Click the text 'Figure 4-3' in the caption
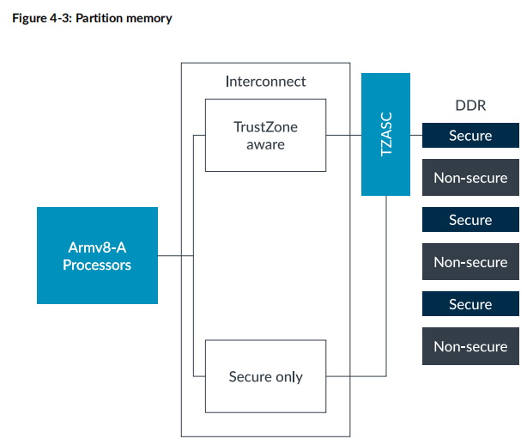pyautogui.click(x=41, y=18)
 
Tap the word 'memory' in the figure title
pyautogui.click(x=151, y=18)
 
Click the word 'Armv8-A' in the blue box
pyautogui.click(x=97, y=247)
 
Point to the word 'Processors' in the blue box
pyautogui.click(x=97, y=265)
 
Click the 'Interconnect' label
pyautogui.click(x=265, y=82)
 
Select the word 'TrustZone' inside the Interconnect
pyautogui.click(x=265, y=126)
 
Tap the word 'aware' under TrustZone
pyautogui.click(x=265, y=144)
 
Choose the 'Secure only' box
pyautogui.click(x=265, y=376)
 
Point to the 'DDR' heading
pyautogui.click(x=470, y=106)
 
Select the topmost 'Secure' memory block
pyautogui.click(x=470, y=136)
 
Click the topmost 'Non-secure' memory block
pyautogui.click(x=470, y=178)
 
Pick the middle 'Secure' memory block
pyautogui.click(x=470, y=220)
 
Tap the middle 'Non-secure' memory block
pyautogui.click(x=470, y=262)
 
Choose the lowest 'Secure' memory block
pyautogui.click(x=470, y=304)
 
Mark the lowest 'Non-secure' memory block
pyautogui.click(x=470, y=346)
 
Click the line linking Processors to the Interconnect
pyautogui.click(x=177, y=255)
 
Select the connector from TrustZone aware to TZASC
pyautogui.click(x=343, y=136)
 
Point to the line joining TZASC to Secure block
pyautogui.click(x=416, y=136)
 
